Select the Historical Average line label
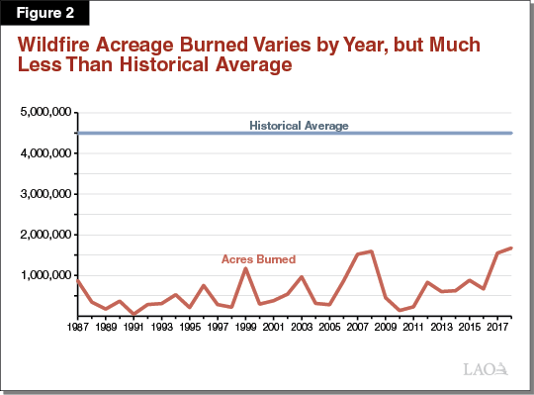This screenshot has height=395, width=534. (x=299, y=126)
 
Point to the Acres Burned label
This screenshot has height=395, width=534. (x=257, y=259)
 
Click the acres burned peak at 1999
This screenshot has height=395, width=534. (x=245, y=268)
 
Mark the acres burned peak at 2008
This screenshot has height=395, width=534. (x=371, y=251)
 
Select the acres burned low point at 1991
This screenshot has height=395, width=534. (x=133, y=314)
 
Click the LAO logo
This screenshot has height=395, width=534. (x=487, y=369)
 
